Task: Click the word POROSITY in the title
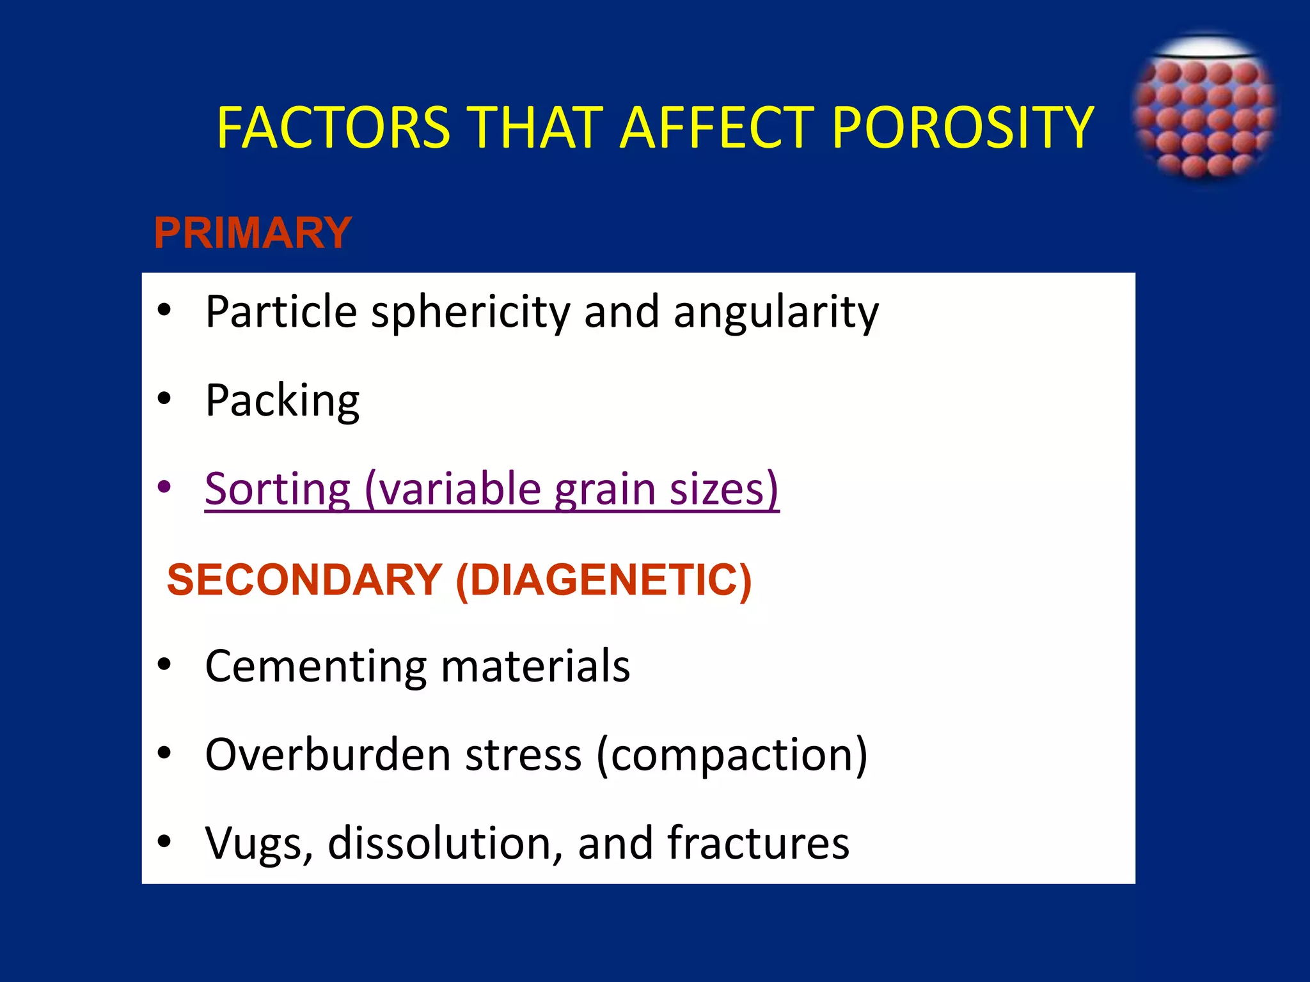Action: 963,128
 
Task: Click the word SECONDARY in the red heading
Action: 304,580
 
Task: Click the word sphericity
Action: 470,312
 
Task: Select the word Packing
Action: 282,401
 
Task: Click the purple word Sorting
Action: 278,489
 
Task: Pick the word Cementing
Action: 316,666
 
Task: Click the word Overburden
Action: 328,755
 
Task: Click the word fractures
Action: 758,843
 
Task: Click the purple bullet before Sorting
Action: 164,487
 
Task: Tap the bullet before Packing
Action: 164,399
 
